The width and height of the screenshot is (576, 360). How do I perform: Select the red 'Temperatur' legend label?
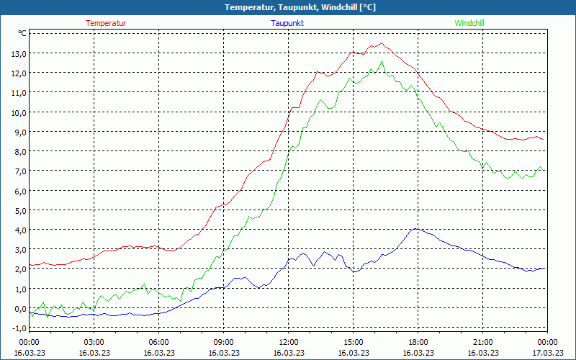pyautogui.click(x=106, y=23)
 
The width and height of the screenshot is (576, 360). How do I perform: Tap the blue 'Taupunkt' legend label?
pyautogui.click(x=287, y=23)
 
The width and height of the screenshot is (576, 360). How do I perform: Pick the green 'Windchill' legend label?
pyautogui.click(x=469, y=23)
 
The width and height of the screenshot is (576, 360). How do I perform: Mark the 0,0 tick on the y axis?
pyautogui.click(x=18, y=308)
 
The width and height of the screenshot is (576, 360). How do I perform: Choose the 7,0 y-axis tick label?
pyautogui.click(x=18, y=171)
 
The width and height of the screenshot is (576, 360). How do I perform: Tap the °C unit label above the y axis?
pyautogui.click(x=22, y=33)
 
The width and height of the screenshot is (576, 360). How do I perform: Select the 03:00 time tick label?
pyautogui.click(x=94, y=342)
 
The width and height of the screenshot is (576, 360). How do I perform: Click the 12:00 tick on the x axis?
pyautogui.click(x=289, y=342)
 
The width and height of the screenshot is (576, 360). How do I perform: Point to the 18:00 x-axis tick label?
pyautogui.click(x=418, y=342)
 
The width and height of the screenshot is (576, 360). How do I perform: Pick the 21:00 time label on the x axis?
pyautogui.click(x=483, y=342)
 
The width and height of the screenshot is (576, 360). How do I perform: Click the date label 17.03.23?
pyautogui.click(x=547, y=353)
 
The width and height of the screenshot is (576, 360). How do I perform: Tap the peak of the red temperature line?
pyautogui.click(x=382, y=43)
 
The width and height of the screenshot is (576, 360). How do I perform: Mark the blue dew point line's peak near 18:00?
pyautogui.click(x=415, y=229)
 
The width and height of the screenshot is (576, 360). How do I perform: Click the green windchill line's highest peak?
pyautogui.click(x=382, y=60)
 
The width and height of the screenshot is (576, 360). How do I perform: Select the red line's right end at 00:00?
pyautogui.click(x=544, y=140)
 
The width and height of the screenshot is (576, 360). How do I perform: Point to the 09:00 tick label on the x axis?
pyautogui.click(x=224, y=342)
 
